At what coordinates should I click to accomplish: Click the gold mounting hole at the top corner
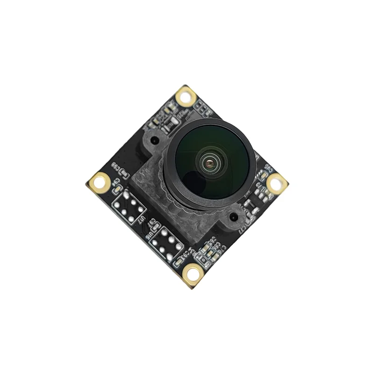[186, 97]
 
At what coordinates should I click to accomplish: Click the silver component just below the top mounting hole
[174, 122]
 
